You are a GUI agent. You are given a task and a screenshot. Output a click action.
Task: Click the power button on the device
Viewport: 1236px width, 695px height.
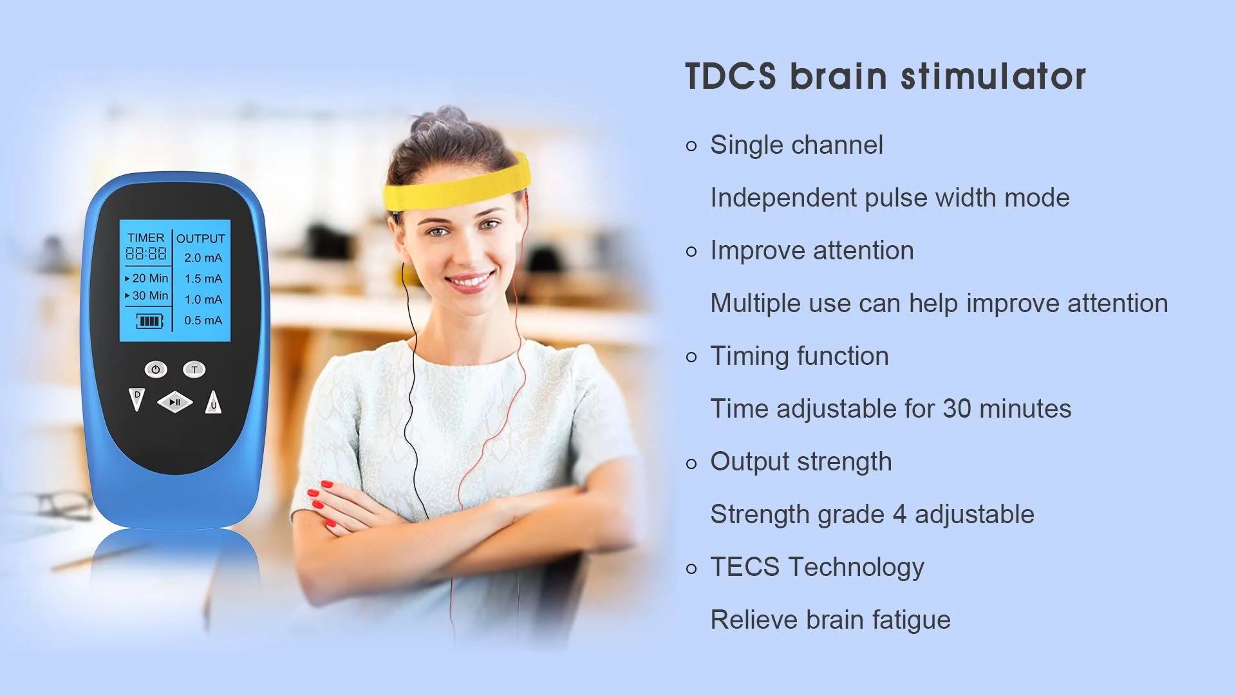[155, 369]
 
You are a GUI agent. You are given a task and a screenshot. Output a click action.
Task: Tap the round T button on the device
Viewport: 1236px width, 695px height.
[194, 369]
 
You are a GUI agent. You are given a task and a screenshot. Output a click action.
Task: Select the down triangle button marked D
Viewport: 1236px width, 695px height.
[136, 399]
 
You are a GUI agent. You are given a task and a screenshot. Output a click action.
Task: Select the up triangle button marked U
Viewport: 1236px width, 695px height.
[213, 402]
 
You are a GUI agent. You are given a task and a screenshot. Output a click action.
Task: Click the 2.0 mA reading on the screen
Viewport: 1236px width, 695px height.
[203, 258]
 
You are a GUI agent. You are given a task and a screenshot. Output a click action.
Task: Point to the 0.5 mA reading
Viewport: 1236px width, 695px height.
[203, 320]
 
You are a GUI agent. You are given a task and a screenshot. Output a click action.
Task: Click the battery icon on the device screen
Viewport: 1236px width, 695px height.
[149, 320]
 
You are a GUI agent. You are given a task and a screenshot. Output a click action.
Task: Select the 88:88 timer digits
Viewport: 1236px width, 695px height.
[146, 254]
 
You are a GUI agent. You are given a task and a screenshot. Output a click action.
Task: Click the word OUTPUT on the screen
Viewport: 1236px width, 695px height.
[201, 239]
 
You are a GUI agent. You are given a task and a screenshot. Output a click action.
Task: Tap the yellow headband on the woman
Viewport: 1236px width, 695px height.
[457, 185]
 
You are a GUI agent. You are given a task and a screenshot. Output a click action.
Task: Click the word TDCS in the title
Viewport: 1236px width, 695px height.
[731, 77]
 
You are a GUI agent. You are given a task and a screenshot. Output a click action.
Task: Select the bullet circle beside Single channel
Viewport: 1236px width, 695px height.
[691, 146]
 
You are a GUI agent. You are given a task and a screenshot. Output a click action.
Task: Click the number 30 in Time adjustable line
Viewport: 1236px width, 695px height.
[957, 409]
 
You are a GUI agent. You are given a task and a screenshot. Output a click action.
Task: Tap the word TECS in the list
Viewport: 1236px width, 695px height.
[745, 567]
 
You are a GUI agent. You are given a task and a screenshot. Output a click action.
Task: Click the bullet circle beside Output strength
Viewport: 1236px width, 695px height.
[691, 463]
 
